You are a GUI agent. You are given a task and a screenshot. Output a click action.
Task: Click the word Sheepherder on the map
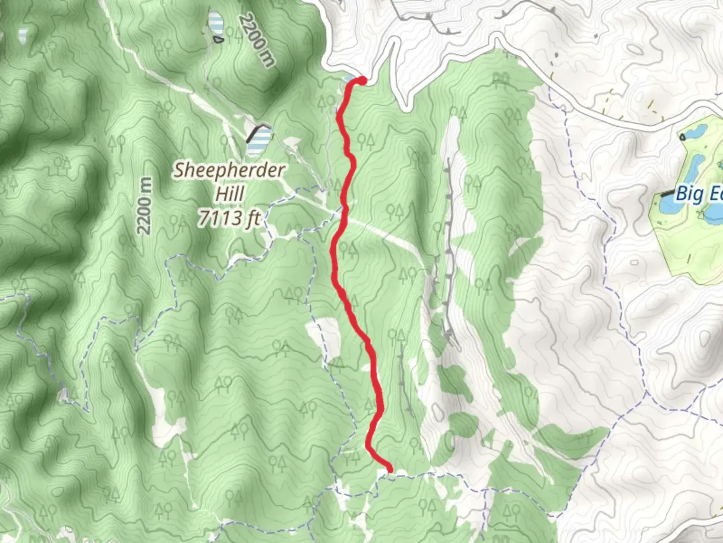229,170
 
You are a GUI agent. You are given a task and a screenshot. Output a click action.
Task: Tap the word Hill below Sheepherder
230,194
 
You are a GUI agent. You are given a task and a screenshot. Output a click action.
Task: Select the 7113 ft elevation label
229,218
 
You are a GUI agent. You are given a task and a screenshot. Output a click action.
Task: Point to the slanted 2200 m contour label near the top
257,40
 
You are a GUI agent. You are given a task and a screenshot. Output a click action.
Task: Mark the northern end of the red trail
361,79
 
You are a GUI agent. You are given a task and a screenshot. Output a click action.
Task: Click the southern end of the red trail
389,469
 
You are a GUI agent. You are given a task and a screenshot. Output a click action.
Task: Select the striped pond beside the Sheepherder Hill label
259,141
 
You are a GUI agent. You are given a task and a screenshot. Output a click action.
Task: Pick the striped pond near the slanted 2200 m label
216,23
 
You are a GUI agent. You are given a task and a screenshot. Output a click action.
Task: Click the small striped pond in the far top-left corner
23,35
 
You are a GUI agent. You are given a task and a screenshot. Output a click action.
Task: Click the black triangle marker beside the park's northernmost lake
682,136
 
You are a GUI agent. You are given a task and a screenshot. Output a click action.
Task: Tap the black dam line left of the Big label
667,193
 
